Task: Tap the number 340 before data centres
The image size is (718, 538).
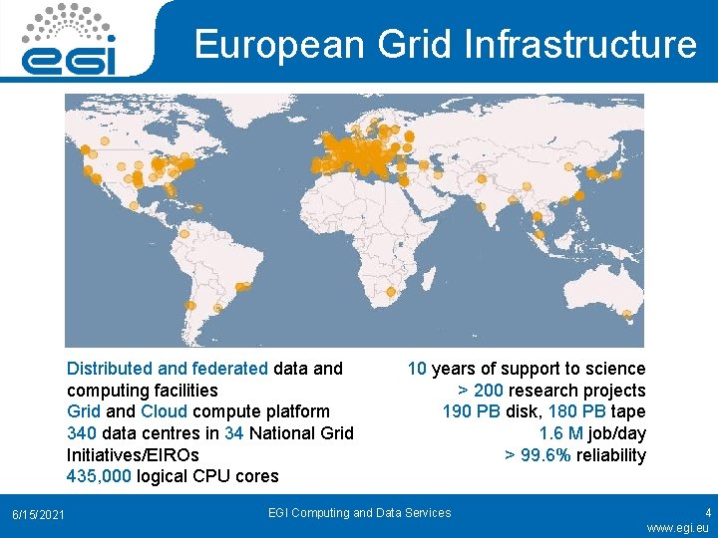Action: pos(81,432)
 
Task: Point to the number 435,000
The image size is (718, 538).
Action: pos(99,475)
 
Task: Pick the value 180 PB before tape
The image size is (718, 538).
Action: pos(576,411)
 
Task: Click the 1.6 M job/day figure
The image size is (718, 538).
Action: pos(592,433)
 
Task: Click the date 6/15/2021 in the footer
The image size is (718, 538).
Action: pos(38,513)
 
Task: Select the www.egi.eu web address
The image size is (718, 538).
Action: pos(677,527)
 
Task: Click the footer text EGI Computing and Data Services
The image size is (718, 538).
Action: pos(359,513)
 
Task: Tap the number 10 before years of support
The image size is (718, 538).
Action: pos(417,369)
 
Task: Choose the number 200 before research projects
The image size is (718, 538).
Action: pos(490,391)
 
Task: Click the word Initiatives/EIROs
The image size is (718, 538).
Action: pos(133,454)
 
